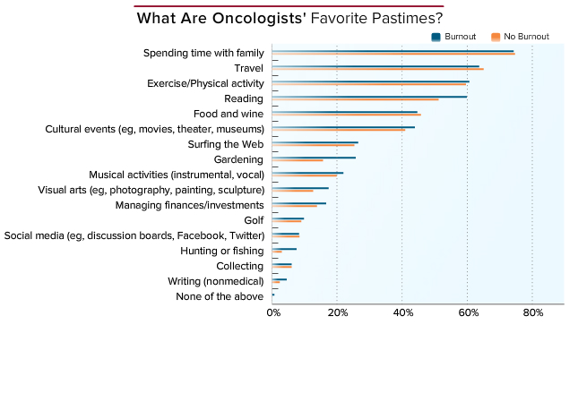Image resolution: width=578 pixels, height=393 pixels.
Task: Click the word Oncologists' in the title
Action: (x=259, y=19)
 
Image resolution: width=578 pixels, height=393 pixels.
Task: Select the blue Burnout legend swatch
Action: (x=436, y=37)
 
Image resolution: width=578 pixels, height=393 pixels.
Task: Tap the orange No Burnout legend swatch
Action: (x=496, y=37)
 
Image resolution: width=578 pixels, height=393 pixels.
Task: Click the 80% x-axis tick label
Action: (x=533, y=312)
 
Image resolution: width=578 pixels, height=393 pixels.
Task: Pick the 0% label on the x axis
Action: (x=273, y=312)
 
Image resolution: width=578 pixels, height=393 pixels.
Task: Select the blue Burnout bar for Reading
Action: (x=369, y=97)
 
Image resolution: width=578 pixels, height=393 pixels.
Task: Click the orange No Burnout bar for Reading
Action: (x=356, y=99)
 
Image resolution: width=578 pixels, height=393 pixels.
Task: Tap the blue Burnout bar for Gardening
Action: (x=314, y=158)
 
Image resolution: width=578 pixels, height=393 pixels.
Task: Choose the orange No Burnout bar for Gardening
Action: (x=298, y=160)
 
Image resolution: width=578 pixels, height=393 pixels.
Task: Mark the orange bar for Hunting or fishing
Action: (x=277, y=252)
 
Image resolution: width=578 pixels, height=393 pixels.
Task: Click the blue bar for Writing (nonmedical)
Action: (x=279, y=279)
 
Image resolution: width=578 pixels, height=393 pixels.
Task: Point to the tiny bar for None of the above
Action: (x=273, y=295)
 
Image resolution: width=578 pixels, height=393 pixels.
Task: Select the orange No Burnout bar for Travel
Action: (x=378, y=69)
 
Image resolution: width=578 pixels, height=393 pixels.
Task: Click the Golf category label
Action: (x=254, y=220)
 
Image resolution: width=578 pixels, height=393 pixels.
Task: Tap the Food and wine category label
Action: (x=229, y=114)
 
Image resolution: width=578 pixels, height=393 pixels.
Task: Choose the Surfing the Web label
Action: (x=226, y=144)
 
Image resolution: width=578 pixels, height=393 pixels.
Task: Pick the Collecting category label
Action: (x=240, y=266)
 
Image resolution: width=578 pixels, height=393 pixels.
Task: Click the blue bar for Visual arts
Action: (x=300, y=188)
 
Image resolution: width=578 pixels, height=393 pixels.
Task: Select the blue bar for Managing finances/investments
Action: (x=299, y=203)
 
